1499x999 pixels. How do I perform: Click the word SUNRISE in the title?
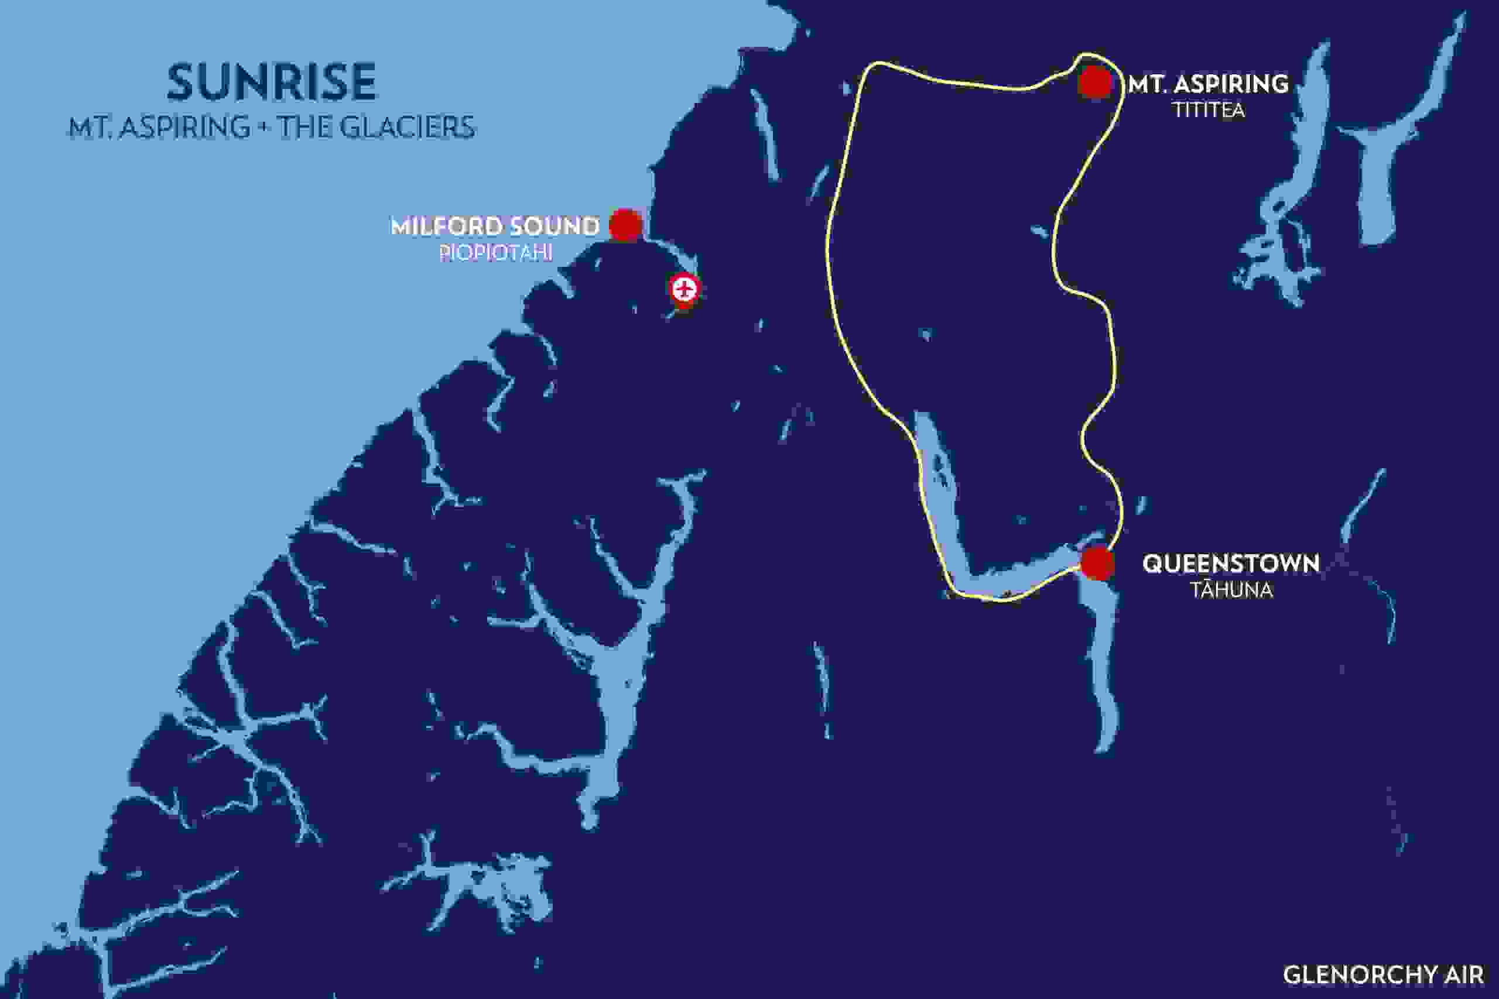(272, 83)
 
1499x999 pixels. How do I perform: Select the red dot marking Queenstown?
(1097, 563)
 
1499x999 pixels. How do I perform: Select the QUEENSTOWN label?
(1230, 564)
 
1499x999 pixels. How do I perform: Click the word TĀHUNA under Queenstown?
(1232, 591)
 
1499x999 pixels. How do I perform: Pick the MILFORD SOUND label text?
(495, 226)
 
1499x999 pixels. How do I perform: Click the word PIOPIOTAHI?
(495, 253)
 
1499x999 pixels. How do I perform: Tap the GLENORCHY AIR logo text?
(1382, 975)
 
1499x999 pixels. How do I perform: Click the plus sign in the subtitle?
(264, 128)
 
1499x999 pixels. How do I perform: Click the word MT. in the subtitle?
(88, 128)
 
